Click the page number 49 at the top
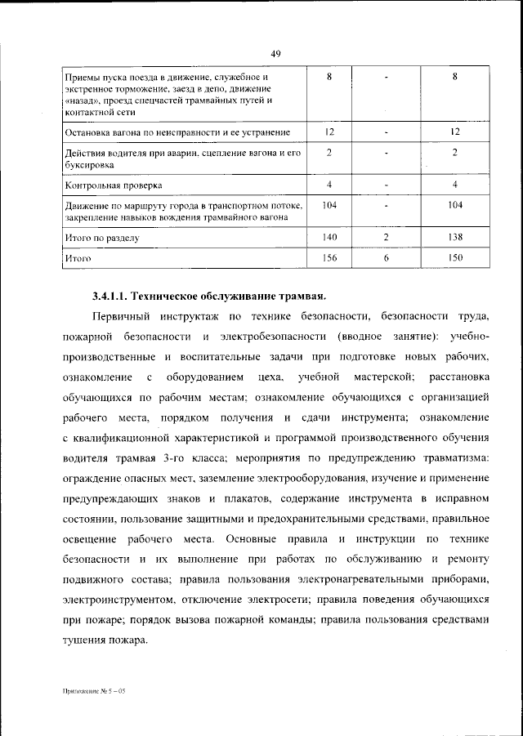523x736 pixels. pos(275,54)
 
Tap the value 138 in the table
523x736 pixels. pos(455,238)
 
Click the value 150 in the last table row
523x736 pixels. pos(455,258)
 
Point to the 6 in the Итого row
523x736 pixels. pos(385,258)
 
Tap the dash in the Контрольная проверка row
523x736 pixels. pos(385,185)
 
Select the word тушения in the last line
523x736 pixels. pos(83,641)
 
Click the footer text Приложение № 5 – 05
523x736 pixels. pos(95,691)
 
